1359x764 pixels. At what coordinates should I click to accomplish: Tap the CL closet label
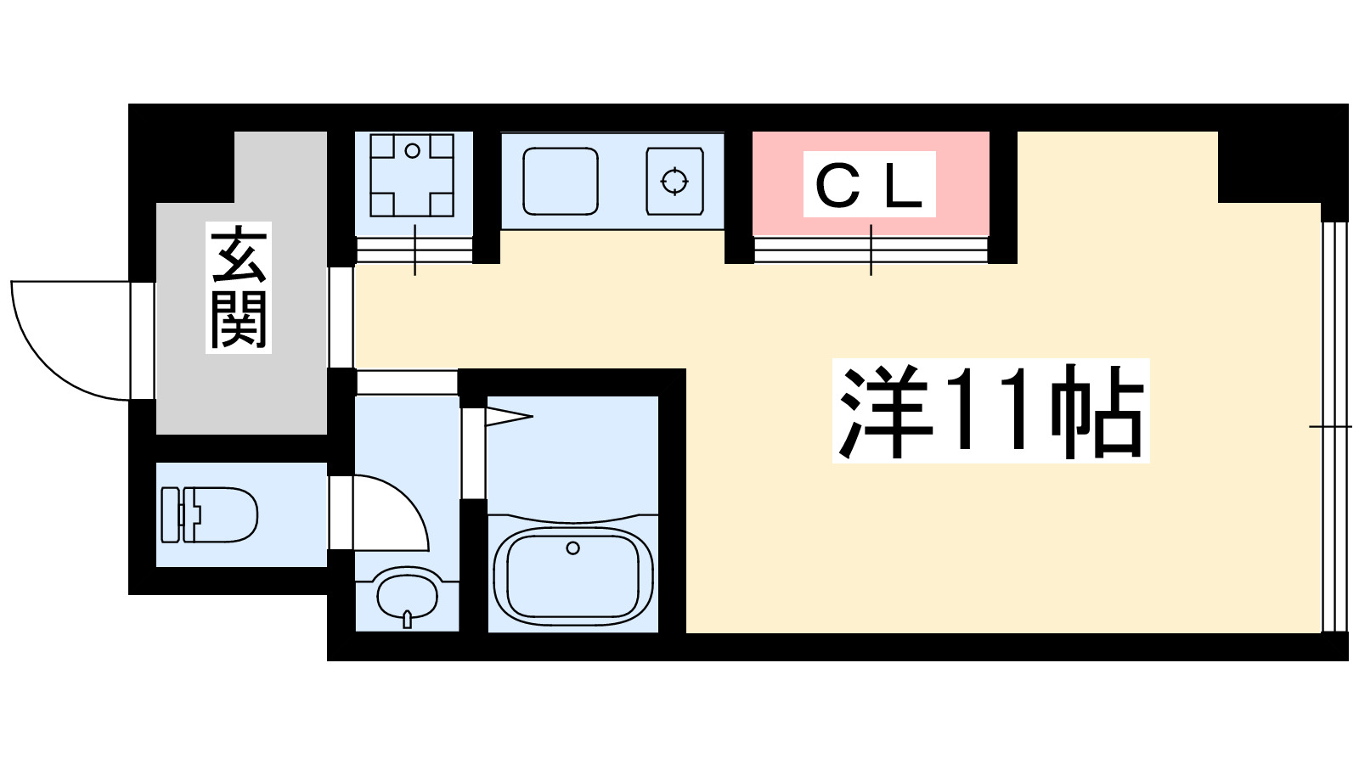click(869, 185)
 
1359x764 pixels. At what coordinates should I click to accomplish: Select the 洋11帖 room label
click(990, 411)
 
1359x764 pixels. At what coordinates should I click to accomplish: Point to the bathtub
click(572, 574)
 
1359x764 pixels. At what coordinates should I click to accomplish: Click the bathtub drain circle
click(572, 548)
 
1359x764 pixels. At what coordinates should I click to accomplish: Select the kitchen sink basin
click(560, 181)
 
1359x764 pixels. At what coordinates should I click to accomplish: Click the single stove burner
click(675, 181)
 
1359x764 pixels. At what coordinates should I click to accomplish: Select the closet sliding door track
click(871, 250)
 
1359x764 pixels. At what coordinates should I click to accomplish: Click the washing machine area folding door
click(414, 250)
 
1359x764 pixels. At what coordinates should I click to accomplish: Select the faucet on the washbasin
click(408, 619)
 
